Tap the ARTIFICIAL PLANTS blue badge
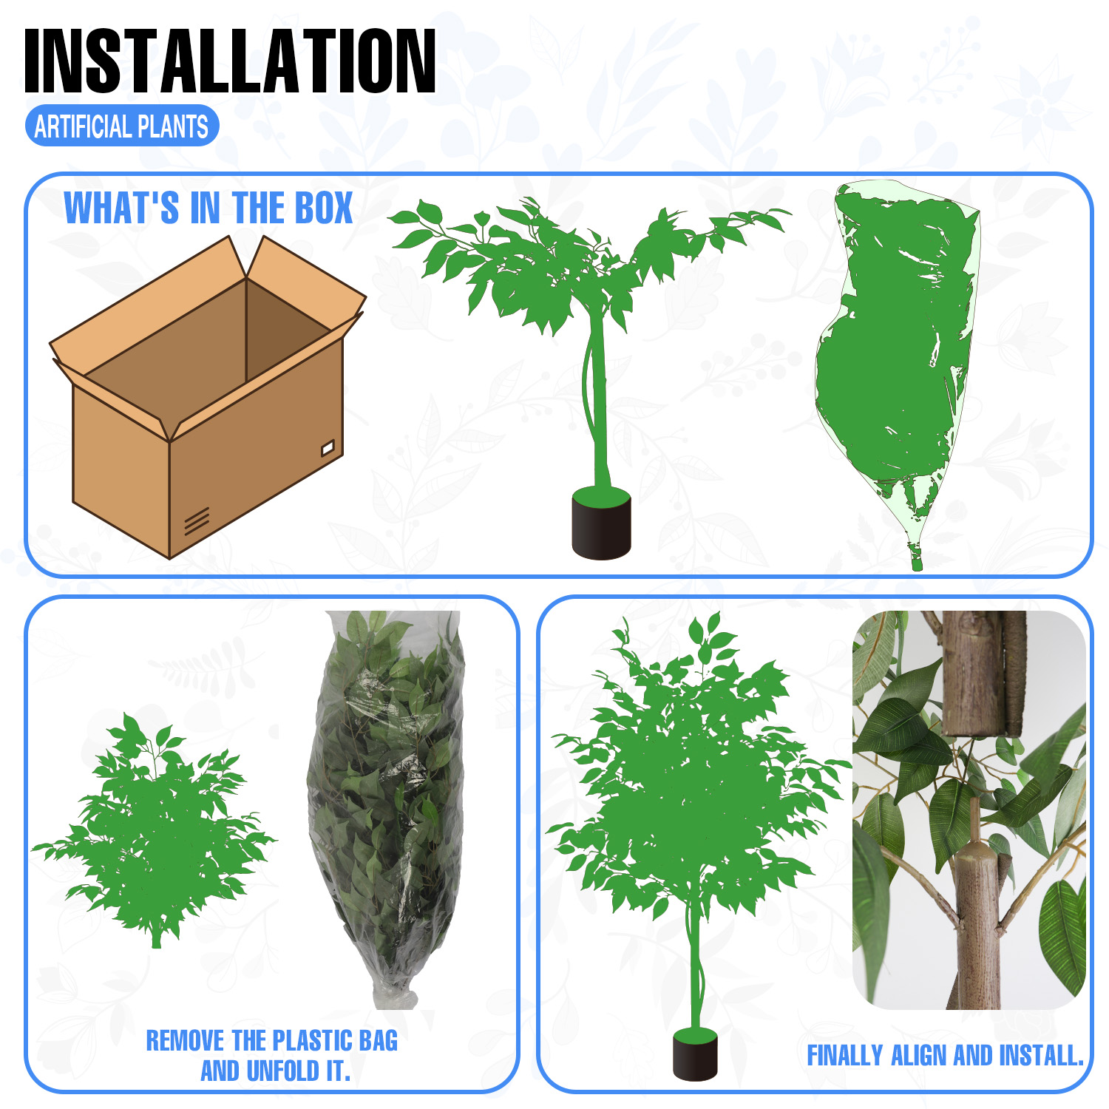[x=122, y=126]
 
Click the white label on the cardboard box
[x=328, y=447]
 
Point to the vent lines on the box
[x=197, y=520]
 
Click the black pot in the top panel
[x=601, y=523]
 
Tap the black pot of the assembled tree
[x=695, y=1054]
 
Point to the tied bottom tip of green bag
[x=917, y=558]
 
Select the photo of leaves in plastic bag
[x=385, y=810]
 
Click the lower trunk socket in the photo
[x=978, y=924]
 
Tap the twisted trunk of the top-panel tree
[x=596, y=399]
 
